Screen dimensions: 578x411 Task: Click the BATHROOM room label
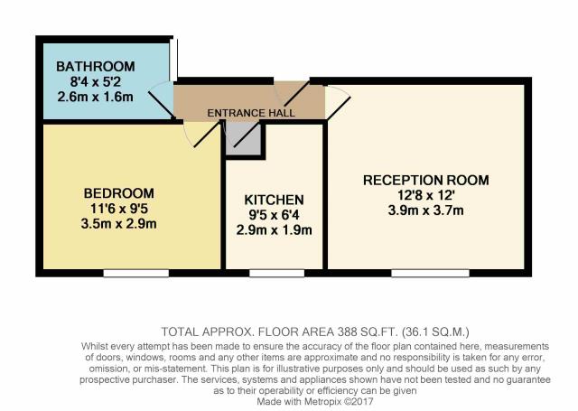96,67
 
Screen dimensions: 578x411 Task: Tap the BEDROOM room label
118,193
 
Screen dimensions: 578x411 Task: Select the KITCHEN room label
275,200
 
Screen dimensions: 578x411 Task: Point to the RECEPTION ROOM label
426,181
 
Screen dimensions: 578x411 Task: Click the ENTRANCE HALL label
251,113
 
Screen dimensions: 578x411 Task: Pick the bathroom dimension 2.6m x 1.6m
96,97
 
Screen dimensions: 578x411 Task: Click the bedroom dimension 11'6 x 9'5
118,209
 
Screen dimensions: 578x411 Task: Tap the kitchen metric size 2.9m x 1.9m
275,230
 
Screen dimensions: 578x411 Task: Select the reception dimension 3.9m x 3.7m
426,210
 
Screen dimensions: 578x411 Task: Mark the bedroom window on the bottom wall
136,273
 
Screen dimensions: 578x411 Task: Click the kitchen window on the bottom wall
277,273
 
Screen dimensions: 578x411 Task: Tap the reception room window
430,273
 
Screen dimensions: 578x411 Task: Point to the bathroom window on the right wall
173,58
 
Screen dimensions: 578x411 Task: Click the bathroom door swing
161,99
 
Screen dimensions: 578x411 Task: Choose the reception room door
338,102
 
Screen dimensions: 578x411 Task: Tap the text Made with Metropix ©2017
315,401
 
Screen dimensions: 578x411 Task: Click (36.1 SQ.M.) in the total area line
435,332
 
